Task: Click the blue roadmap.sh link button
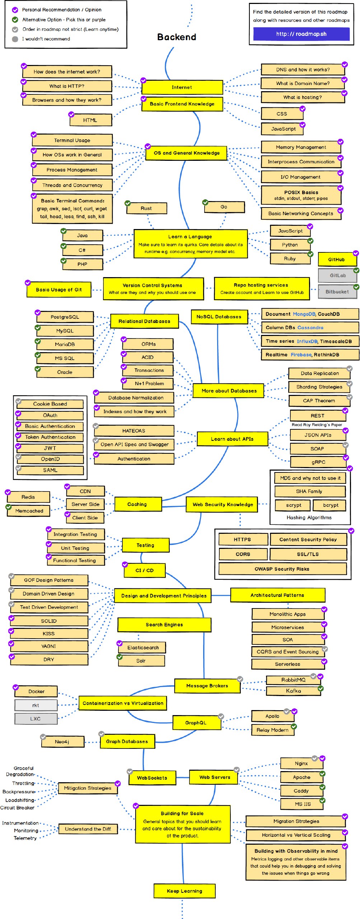click(301, 34)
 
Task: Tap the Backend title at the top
click(177, 37)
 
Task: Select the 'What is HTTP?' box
click(67, 86)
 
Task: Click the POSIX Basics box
click(301, 195)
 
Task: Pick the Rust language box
click(146, 208)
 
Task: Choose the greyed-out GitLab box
click(338, 275)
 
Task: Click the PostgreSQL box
click(65, 317)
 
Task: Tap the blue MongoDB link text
click(304, 314)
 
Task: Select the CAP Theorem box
click(319, 401)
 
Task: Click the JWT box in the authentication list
click(50, 448)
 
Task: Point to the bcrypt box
click(331, 505)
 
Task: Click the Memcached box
click(29, 511)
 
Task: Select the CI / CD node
click(145, 570)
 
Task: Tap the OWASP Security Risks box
click(282, 569)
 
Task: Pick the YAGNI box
click(49, 646)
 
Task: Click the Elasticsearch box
click(143, 648)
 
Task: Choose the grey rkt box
click(36, 705)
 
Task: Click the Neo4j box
click(62, 741)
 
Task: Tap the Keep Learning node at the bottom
click(184, 891)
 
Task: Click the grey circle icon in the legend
click(15, 39)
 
